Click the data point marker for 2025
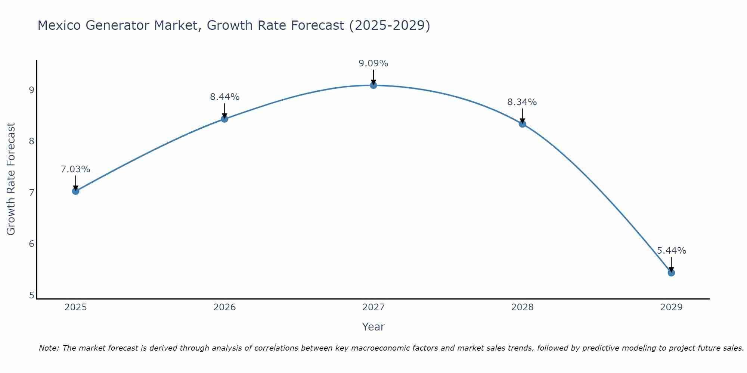75,191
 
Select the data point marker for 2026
224,119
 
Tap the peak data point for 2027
373,85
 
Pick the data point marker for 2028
522,124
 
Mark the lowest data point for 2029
671,273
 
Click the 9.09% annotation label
373,63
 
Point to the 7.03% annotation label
75,169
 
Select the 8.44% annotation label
224,97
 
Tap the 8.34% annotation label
522,102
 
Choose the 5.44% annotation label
671,251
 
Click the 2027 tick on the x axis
373,307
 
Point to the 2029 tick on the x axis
671,307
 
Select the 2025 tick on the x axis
75,307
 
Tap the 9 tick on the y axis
31,90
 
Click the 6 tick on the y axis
31,244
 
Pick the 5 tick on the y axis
31,295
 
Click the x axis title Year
373,327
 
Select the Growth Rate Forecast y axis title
11,179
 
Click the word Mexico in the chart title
59,25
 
